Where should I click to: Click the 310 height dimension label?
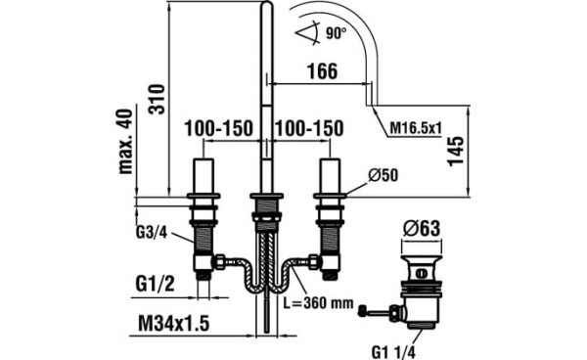pos(157,99)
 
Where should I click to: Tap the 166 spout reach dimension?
pos(322,71)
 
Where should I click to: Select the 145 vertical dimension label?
pos(456,151)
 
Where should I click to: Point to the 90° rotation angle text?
pos(336,33)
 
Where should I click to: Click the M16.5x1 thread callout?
pos(416,129)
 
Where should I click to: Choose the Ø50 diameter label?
pos(383,175)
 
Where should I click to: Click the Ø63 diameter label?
pos(422,228)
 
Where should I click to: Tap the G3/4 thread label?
pos(151,233)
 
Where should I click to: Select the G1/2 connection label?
pos(155,285)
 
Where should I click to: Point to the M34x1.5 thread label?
pos(174,324)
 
